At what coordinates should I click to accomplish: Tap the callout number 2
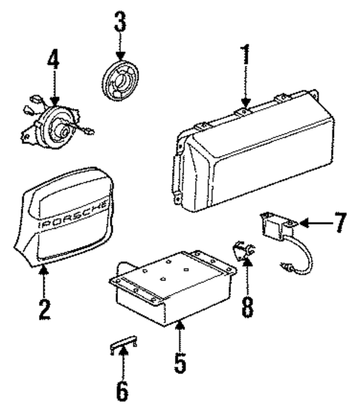coord(44,307)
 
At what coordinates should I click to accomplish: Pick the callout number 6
coord(122,388)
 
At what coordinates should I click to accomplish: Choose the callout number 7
coord(340,221)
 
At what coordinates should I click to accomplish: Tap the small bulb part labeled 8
coord(244,252)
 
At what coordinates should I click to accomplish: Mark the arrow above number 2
coord(44,279)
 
